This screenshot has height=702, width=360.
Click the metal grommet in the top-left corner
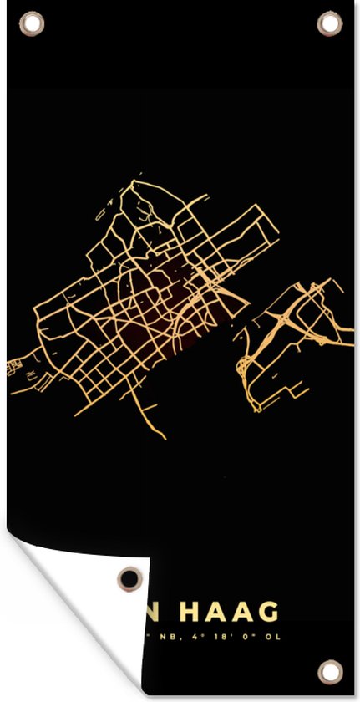tap(32, 23)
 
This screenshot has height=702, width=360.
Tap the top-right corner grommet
tap(330, 23)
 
